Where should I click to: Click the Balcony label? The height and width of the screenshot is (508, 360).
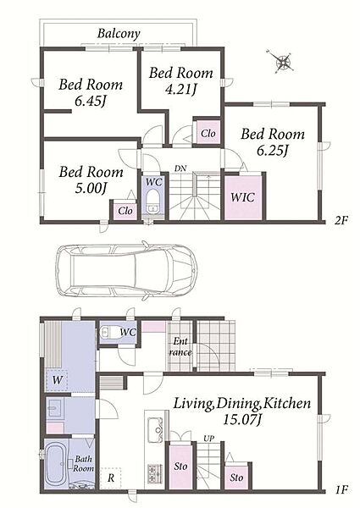119,33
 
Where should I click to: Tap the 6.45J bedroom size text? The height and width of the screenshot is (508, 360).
91,102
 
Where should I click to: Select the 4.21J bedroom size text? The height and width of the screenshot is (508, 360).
181,90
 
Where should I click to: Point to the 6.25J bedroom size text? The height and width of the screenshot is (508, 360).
273,151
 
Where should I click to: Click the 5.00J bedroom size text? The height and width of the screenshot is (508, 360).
91,189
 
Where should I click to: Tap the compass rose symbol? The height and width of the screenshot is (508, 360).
281,61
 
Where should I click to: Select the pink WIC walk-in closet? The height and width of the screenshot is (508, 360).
243,197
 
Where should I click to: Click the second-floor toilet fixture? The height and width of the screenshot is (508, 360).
152,202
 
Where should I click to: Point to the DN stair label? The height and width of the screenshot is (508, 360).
180,168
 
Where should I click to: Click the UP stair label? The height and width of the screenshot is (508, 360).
208,439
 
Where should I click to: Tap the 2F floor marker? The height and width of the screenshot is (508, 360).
341,221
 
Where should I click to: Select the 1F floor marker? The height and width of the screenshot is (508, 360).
341,489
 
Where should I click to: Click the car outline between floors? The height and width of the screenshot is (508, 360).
126,270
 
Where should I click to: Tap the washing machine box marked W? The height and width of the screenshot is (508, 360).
57,379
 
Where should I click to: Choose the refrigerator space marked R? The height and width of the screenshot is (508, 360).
110,478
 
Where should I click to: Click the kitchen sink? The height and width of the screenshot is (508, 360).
156,430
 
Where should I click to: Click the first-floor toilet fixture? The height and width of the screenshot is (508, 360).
109,332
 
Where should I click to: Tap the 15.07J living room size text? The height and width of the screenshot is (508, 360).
242,420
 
